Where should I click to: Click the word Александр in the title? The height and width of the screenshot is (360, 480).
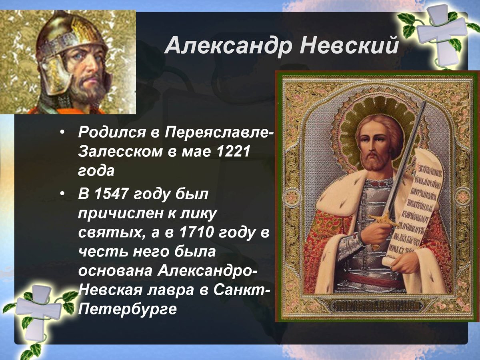228,46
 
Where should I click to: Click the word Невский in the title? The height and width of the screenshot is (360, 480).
349,46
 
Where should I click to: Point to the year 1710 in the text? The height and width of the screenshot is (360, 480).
194,233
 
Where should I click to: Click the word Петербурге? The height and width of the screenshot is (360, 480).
128,309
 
